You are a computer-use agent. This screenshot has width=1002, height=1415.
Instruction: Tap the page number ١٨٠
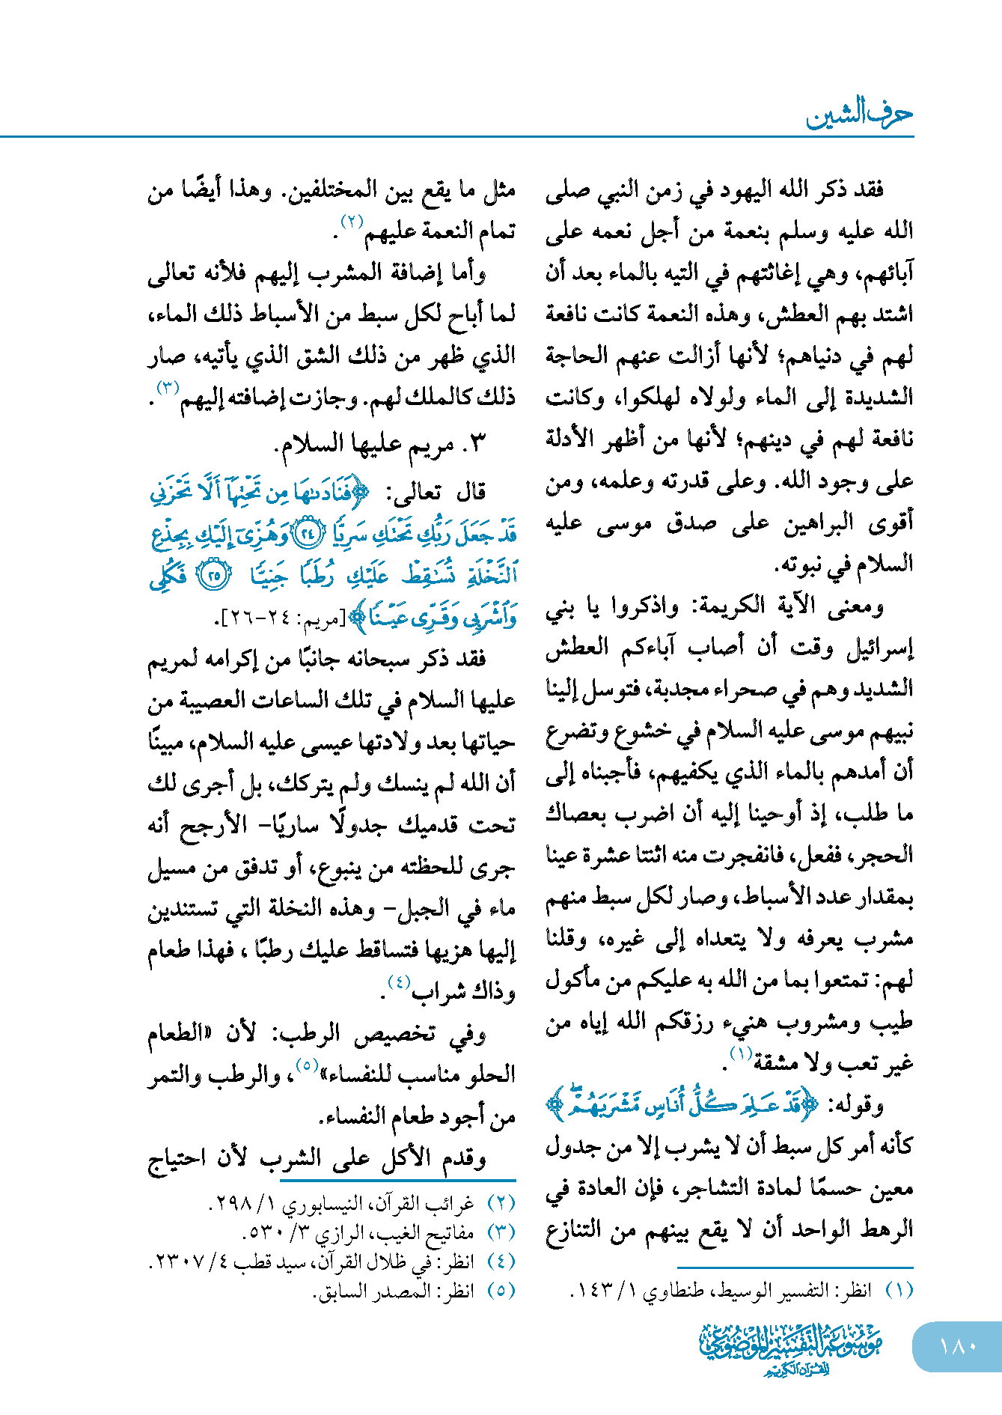tap(958, 1347)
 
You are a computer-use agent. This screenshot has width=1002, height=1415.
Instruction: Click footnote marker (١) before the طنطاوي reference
tap(899, 1289)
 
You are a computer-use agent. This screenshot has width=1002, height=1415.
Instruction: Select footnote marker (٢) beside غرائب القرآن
tap(501, 1203)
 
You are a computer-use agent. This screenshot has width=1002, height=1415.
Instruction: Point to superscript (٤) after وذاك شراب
tap(397, 982)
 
